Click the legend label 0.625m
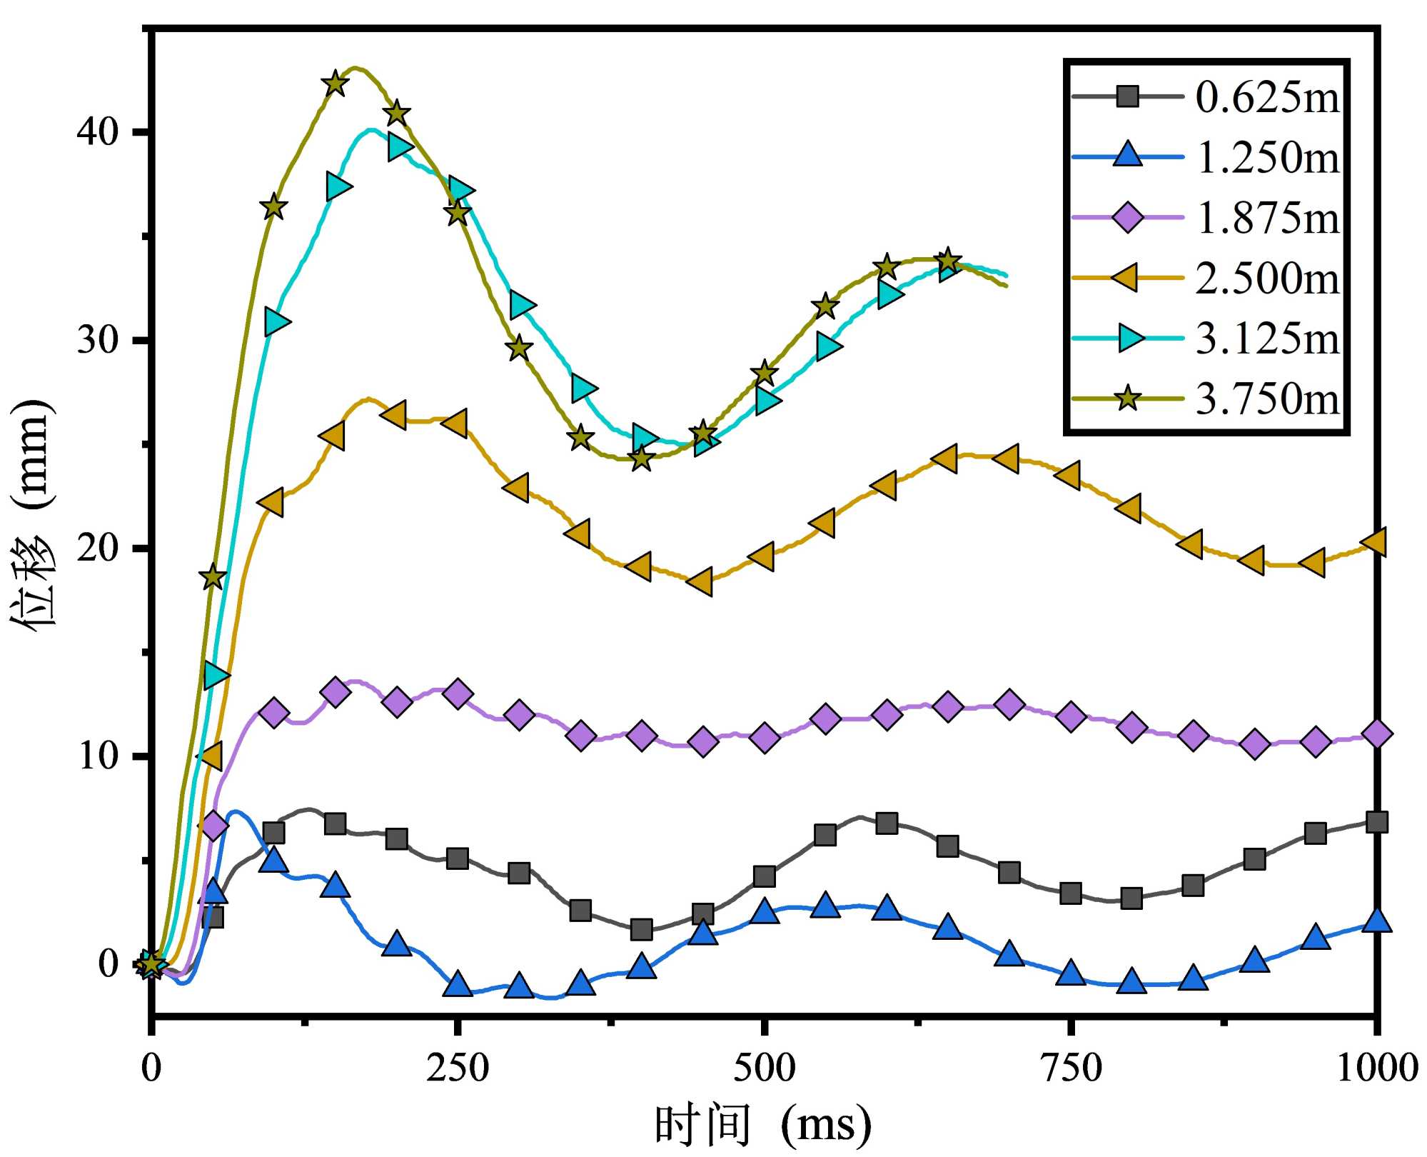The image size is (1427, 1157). coord(1268,97)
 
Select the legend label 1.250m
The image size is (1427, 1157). coord(1268,157)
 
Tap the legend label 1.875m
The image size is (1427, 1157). coord(1268,218)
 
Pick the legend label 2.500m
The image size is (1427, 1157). coord(1268,278)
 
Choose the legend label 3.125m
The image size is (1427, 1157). coord(1268,339)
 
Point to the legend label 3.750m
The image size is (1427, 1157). coord(1268,399)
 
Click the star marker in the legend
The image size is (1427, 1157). coord(1127,399)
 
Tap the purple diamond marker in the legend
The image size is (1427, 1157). coord(1128,217)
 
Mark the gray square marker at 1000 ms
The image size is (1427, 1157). coord(1376,822)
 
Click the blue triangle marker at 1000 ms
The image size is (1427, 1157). coord(1376,921)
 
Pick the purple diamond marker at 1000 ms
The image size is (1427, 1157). coord(1376,734)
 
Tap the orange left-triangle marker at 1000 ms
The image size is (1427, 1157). coord(1375,541)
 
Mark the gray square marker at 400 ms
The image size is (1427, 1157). coord(642,930)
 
